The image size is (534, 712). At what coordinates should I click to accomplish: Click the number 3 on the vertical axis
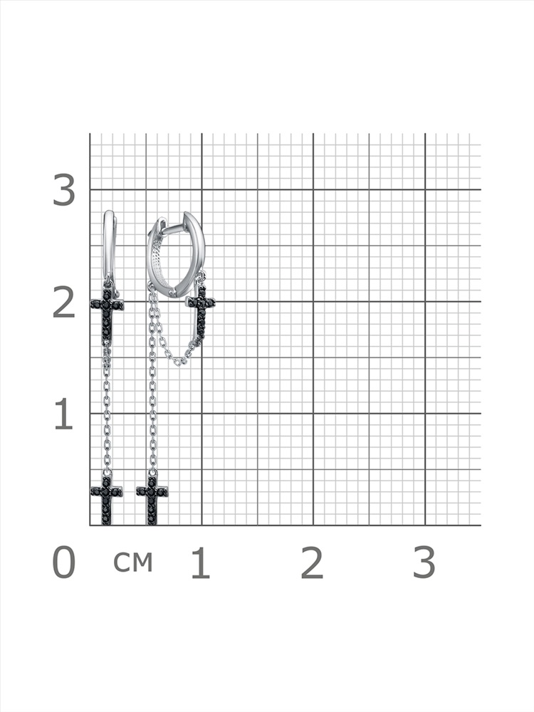64,190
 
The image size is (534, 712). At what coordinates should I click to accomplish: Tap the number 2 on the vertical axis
64,303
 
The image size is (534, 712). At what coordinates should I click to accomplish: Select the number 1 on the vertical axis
63,414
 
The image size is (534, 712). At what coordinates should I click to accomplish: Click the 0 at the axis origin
64,562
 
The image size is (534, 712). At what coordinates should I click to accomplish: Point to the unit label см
132,562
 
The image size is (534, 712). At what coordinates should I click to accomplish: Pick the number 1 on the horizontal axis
201,562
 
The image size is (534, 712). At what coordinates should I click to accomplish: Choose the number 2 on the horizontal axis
312,562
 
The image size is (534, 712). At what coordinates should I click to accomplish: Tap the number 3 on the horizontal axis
424,562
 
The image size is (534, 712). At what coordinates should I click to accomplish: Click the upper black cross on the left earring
108,313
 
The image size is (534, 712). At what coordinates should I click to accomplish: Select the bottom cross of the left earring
107,500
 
